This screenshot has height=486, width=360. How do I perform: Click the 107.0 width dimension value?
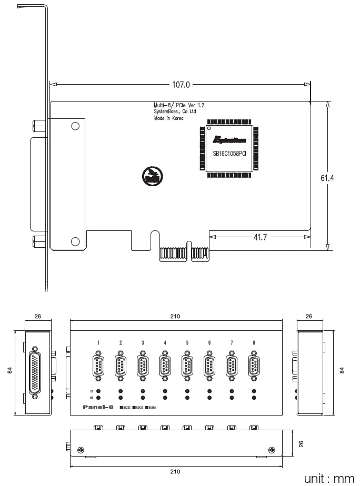pos(181,84)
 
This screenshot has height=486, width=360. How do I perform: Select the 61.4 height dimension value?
pos(327,178)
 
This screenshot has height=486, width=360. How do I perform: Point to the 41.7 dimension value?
pos(261,237)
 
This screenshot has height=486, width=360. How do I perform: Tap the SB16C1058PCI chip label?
pos(229,154)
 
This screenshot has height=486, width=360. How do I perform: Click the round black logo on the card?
pos(152,175)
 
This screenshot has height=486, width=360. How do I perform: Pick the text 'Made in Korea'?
pos(169,119)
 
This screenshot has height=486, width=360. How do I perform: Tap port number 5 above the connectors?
pos(187,343)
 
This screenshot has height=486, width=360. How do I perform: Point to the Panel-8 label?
pos(98,407)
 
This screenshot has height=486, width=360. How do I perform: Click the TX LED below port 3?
pos(143,391)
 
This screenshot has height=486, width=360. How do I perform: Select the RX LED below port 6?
pos(209,398)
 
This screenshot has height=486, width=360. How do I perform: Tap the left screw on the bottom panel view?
pos(81,450)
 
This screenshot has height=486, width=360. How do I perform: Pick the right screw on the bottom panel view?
pos(272,450)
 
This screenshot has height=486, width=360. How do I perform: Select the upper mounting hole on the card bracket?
pos(75,126)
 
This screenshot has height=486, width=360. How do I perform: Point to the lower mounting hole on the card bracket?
pos(75,241)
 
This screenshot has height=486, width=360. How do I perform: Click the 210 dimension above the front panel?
pos(175,316)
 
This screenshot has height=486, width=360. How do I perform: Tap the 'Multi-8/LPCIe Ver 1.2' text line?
pos(179,106)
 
